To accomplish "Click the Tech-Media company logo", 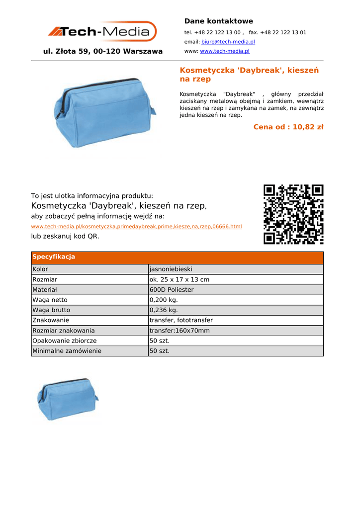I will [102, 31].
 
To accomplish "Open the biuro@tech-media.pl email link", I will [228, 42].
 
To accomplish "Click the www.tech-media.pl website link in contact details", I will [224, 51].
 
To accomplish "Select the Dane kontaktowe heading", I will [218, 21].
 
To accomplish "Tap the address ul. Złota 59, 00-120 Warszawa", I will [103, 51].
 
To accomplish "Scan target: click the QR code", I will [293, 214].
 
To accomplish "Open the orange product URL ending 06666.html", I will [136, 227].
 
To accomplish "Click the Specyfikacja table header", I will [54, 257].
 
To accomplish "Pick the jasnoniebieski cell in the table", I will [171, 269].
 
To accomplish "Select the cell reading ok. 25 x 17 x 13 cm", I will [180, 280].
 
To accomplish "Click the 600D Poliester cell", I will [172, 290].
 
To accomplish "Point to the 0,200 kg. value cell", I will [164, 300].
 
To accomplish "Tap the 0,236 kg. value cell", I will [164, 310].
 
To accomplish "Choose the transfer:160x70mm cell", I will [180, 331].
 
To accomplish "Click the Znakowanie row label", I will [51, 321].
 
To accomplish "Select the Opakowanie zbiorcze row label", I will [65, 341].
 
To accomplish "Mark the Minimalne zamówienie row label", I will [67, 351].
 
